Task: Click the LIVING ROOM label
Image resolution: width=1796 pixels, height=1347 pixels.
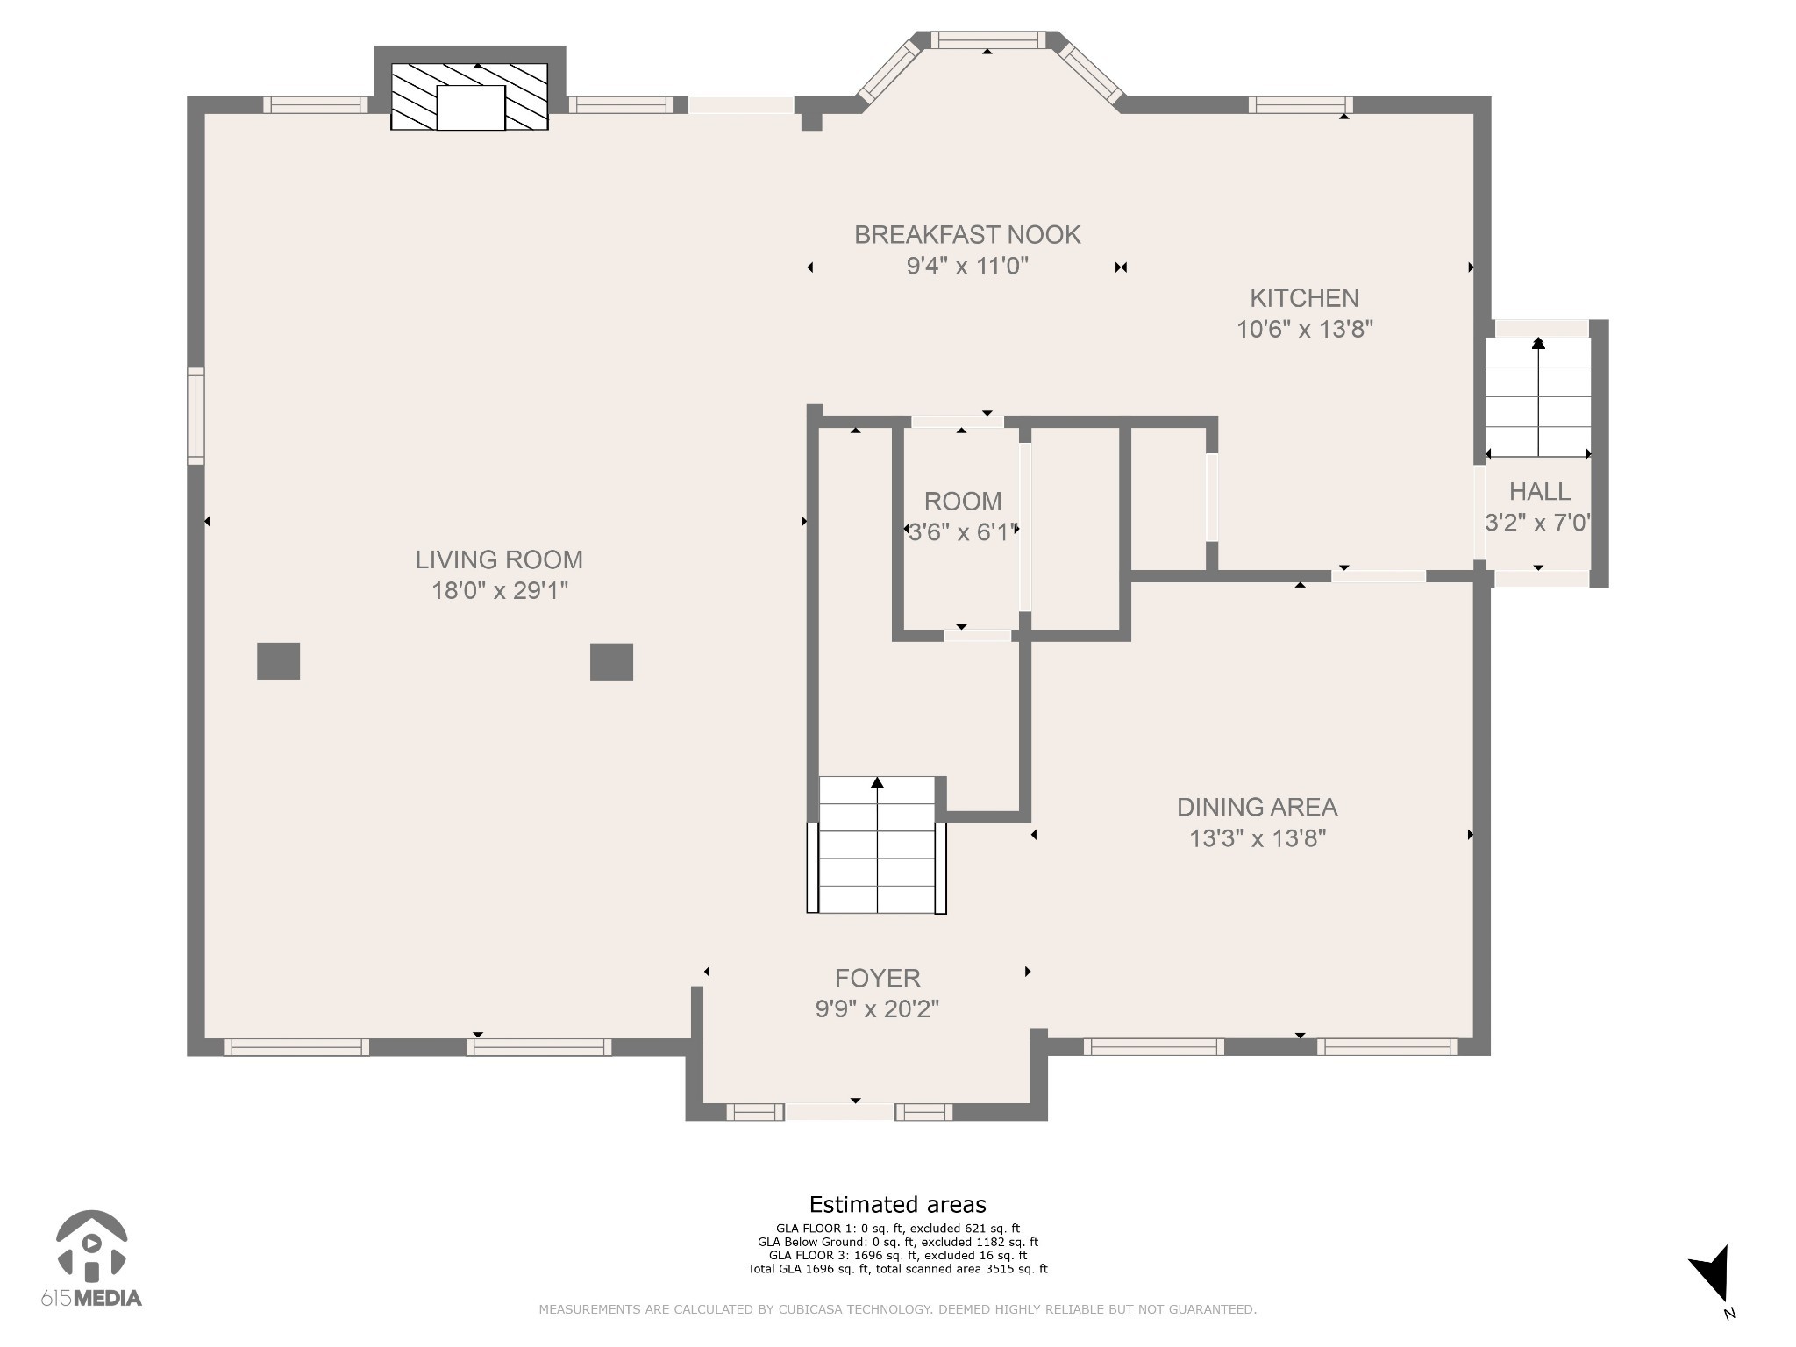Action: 498,559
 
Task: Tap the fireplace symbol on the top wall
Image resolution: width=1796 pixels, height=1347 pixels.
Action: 469,96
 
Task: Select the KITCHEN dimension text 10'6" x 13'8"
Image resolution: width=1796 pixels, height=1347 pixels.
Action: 1304,330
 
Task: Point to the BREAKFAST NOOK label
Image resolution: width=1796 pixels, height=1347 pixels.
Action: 967,235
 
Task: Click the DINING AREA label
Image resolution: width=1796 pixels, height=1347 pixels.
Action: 1257,807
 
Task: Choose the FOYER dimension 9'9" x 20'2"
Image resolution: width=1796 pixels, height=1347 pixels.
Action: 877,1009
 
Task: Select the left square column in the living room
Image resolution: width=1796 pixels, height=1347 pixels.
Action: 278,661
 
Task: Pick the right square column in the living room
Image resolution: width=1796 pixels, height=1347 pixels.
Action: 611,662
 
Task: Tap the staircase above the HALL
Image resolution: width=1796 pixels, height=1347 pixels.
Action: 1537,397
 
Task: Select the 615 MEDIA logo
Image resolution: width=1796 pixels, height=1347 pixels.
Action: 91,1259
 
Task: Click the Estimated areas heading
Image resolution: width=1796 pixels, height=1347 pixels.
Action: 897,1204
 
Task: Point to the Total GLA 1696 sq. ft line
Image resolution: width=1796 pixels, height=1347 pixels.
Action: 897,1269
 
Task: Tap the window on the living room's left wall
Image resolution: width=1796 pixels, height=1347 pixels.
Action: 196,416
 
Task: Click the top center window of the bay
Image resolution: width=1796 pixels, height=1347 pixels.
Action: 987,39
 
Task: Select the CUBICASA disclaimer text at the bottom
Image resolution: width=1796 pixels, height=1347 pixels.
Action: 897,1309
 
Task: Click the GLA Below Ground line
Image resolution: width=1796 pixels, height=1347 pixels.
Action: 897,1242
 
